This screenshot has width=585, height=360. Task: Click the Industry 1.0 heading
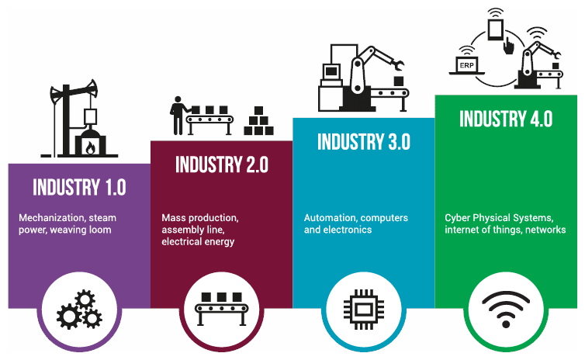click(79, 187)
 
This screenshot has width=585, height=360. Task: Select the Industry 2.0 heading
click(222, 164)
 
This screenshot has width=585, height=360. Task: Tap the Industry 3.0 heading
click(364, 142)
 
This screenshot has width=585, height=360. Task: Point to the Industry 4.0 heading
click(506, 119)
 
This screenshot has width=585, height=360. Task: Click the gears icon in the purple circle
click(79, 310)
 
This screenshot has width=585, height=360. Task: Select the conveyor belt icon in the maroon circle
click(222, 309)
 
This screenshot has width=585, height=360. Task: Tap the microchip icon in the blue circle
click(364, 310)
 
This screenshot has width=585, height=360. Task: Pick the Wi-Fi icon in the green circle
click(506, 310)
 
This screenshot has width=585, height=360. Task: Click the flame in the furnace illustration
click(90, 147)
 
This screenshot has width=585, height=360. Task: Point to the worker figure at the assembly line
click(178, 116)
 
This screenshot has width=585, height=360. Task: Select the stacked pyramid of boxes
click(258, 120)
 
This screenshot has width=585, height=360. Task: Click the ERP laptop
click(466, 66)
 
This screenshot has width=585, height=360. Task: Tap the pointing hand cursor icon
click(508, 46)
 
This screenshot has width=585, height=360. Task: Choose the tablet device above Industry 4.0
click(496, 29)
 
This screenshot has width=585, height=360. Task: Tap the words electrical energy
click(198, 242)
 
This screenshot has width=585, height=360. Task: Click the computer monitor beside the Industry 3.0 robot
click(331, 71)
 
